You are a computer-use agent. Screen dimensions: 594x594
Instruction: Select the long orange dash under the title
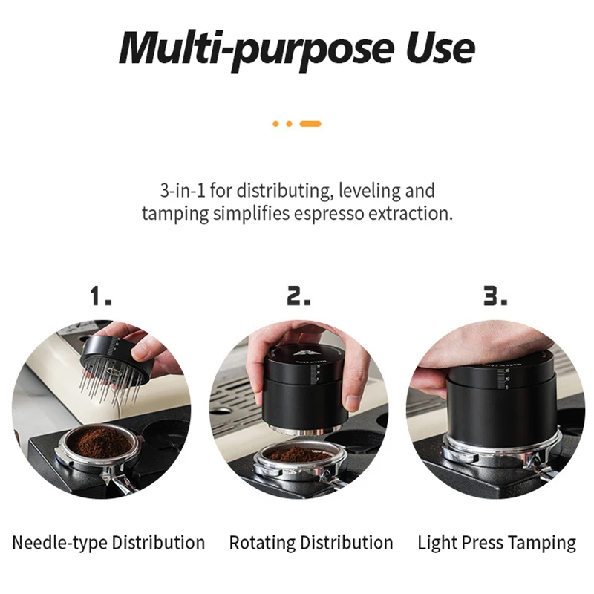click(x=310, y=124)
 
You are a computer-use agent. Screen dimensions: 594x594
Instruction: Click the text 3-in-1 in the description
click(x=183, y=190)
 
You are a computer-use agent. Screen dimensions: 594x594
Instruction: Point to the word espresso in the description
click(x=329, y=214)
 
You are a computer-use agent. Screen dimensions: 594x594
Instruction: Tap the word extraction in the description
click(x=411, y=213)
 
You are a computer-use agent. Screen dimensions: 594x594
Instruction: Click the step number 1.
click(x=101, y=296)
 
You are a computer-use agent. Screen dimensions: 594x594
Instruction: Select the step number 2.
click(x=298, y=296)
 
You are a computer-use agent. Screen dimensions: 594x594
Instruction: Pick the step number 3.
click(x=495, y=296)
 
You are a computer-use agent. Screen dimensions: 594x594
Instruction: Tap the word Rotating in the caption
click(x=262, y=544)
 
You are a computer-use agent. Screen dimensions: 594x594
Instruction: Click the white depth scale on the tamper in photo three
click(x=503, y=379)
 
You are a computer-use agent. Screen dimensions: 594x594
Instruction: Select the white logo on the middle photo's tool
click(x=307, y=354)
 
